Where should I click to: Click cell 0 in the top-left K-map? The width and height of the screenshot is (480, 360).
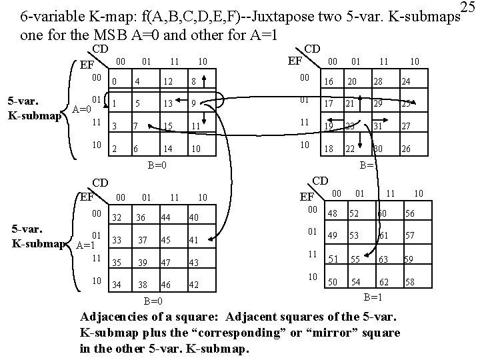point(115,82)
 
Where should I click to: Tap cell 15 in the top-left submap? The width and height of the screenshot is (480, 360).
point(169,126)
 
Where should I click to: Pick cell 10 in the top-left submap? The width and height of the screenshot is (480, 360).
point(197,149)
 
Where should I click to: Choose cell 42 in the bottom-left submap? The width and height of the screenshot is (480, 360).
point(195,285)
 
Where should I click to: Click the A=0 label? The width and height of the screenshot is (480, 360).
point(81,109)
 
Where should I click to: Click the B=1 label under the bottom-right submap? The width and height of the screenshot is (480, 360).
point(372,297)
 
